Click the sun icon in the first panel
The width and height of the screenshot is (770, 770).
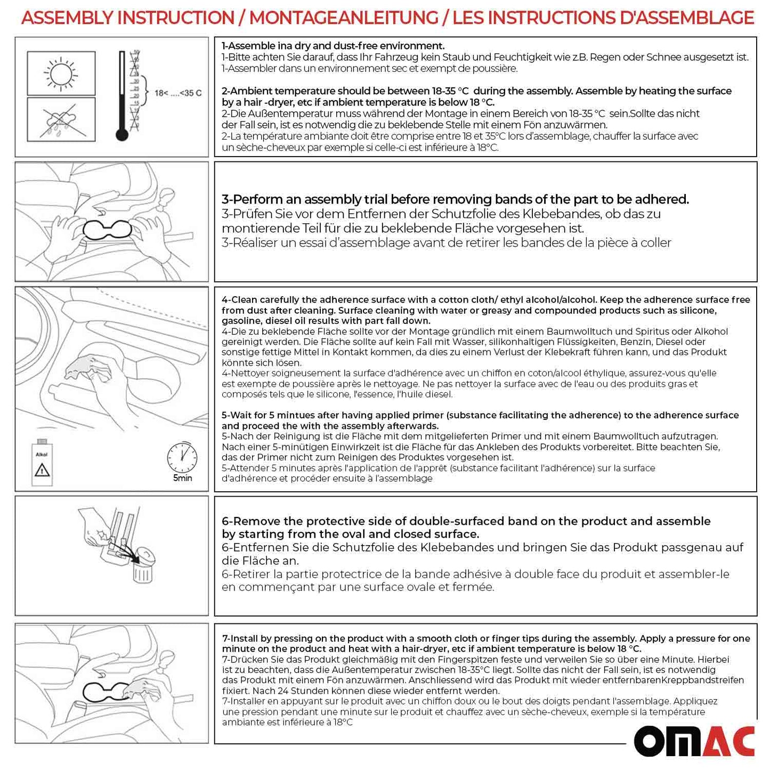[x=61, y=73]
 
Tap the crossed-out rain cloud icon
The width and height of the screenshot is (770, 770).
[x=61, y=120]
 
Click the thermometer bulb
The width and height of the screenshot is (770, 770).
[x=122, y=135]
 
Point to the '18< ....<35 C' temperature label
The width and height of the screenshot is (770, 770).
[x=178, y=93]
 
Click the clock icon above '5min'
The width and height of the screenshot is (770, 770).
[x=182, y=458]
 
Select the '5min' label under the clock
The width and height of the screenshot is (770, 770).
[x=182, y=478]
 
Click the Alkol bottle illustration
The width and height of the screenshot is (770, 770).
[x=42, y=463]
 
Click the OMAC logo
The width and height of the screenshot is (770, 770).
[x=694, y=741]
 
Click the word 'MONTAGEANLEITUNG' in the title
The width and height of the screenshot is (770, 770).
[x=344, y=18]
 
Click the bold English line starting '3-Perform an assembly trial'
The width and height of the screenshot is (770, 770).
[x=455, y=199]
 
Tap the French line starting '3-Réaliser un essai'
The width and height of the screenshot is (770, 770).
[x=446, y=243]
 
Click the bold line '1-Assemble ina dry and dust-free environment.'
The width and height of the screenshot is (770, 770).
[x=333, y=46]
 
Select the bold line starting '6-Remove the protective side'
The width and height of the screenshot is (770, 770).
[x=466, y=521]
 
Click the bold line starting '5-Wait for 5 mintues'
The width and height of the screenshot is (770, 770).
[x=480, y=415]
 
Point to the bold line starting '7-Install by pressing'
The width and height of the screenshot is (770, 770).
[x=485, y=638]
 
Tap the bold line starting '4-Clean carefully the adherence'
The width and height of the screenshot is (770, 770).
[x=485, y=300]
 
